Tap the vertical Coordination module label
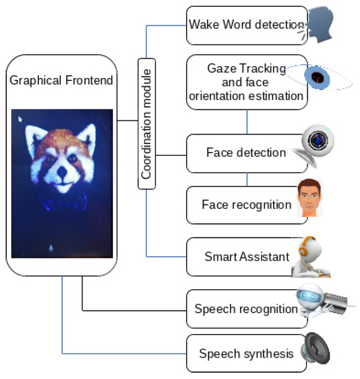point(146,124)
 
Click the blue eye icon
point(318,76)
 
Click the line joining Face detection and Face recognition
point(246,178)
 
